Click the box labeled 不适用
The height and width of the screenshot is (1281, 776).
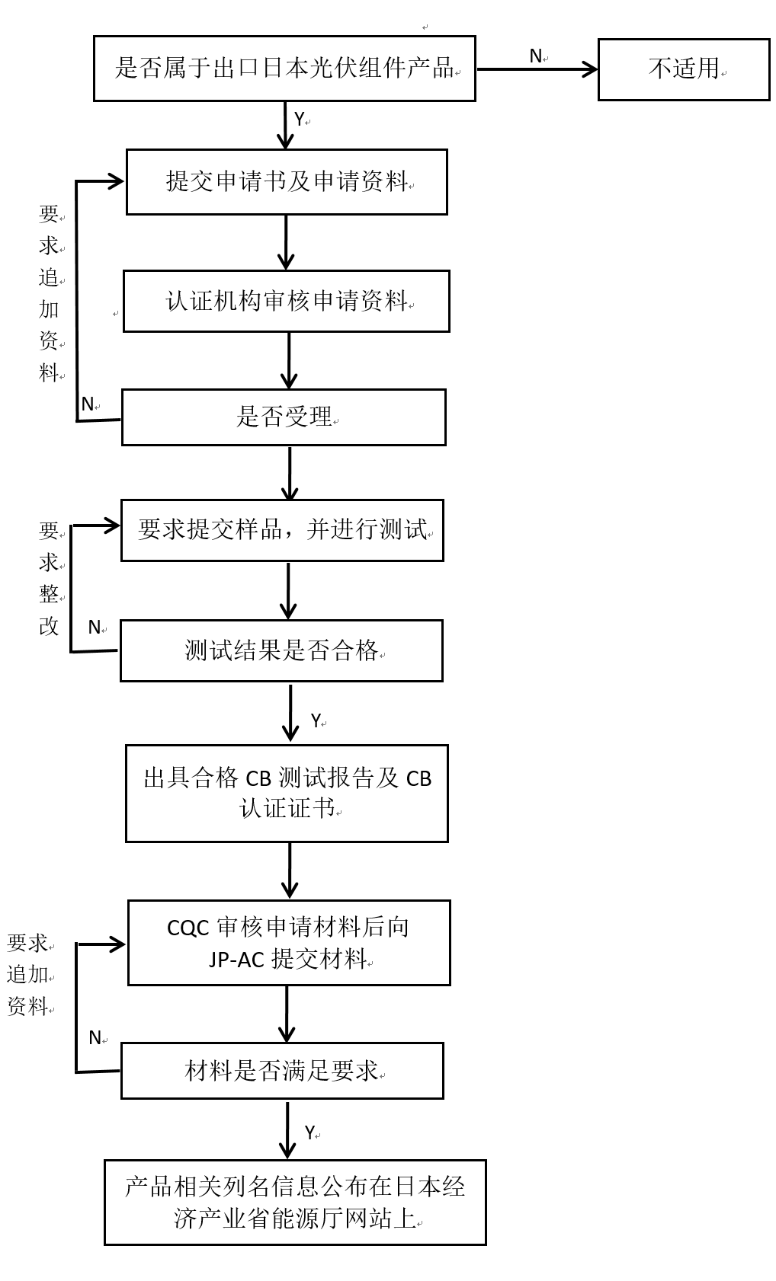[683, 69]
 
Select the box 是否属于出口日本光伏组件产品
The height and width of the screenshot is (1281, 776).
[284, 69]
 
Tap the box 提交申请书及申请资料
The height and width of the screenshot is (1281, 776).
[287, 182]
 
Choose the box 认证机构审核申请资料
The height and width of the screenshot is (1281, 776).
[287, 301]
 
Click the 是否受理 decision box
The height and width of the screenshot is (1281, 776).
[284, 417]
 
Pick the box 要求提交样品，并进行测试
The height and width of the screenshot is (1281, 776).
[282, 530]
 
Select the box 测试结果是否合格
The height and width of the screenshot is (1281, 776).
[281, 650]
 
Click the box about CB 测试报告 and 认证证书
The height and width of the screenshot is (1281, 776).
[287, 793]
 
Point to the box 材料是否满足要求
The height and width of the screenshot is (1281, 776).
[282, 1071]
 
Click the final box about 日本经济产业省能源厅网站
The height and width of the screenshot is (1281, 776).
[295, 1203]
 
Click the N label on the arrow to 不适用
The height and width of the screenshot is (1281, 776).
[535, 56]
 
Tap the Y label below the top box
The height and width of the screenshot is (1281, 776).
[299, 120]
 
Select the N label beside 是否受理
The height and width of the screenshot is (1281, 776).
[88, 404]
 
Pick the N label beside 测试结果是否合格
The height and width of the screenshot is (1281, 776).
[95, 628]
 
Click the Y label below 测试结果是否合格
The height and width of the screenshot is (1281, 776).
[316, 720]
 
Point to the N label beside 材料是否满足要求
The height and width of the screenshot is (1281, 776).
[95, 1038]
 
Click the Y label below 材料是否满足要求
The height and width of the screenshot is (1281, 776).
[309, 1132]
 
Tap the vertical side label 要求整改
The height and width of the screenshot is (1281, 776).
[49, 578]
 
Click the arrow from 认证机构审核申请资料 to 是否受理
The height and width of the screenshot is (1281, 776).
[289, 360]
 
